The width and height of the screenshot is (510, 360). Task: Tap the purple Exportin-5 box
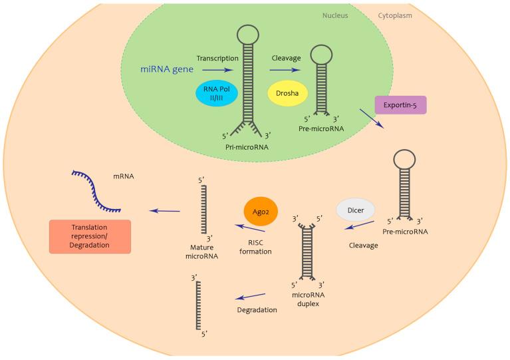point(400,105)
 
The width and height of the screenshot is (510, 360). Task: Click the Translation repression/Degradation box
point(90,236)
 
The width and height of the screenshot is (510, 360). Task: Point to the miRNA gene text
point(163,69)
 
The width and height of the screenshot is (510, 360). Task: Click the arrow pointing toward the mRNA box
point(165,211)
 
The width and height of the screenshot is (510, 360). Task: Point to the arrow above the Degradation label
point(251,297)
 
